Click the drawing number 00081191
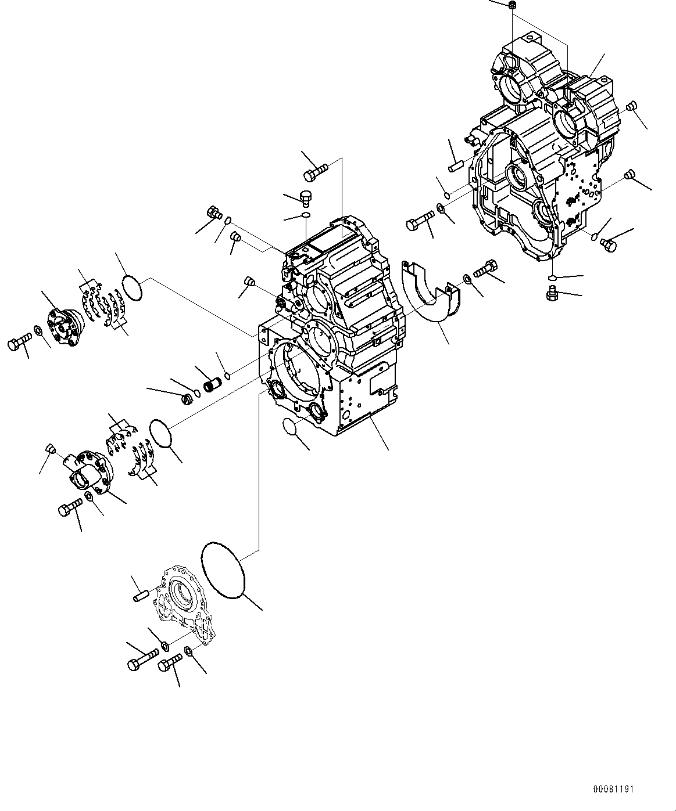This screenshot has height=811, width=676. point(613,790)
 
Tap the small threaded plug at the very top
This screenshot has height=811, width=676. point(512,6)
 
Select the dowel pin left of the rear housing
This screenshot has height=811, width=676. point(455,165)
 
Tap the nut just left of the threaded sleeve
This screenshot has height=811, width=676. point(188,399)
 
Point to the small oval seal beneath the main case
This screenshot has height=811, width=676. point(289,426)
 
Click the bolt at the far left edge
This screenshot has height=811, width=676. point(18,344)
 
